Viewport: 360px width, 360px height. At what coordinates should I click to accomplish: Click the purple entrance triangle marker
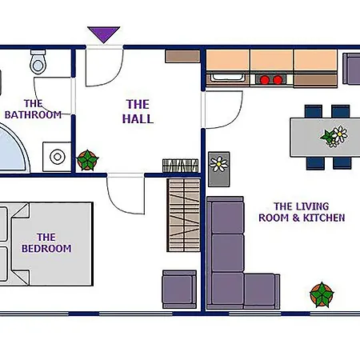(104, 34)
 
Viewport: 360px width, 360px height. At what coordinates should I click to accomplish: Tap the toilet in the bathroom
(38, 62)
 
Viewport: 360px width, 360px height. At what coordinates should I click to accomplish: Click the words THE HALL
(138, 111)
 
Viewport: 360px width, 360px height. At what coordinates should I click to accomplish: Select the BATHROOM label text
(33, 115)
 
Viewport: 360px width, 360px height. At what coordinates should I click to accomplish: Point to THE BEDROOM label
(46, 242)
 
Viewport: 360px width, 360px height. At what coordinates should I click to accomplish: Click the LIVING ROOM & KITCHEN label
(302, 212)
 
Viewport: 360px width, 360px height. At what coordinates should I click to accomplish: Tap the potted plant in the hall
(87, 160)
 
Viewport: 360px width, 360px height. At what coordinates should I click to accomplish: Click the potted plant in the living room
(322, 295)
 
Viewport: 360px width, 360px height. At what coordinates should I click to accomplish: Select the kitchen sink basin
(228, 78)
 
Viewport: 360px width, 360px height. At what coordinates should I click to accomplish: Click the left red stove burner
(265, 80)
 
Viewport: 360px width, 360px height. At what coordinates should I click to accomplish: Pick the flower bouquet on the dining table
(334, 136)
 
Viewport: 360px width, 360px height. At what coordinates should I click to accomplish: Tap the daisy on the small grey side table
(218, 164)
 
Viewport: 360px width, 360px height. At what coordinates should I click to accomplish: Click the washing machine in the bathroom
(57, 157)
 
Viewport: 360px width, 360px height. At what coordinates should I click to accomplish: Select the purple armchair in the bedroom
(179, 290)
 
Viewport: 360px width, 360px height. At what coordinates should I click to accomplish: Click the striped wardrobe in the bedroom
(184, 215)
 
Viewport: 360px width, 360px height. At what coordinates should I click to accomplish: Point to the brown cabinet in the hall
(182, 57)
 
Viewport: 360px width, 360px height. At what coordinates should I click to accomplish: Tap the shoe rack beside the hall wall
(181, 166)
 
